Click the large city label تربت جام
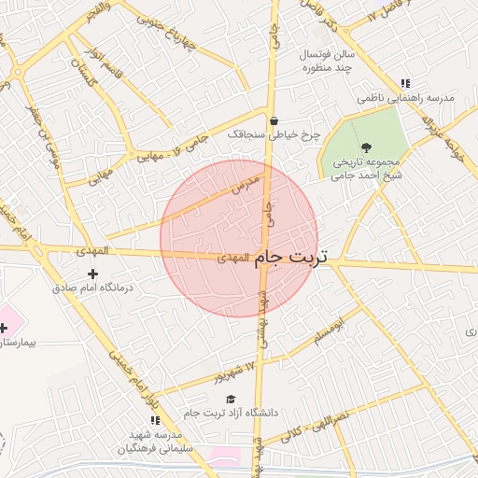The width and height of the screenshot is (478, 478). click(292, 256)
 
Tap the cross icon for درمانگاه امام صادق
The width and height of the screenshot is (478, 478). click(91, 274)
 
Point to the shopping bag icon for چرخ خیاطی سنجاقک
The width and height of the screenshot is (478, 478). click(274, 120)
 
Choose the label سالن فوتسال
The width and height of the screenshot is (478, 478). click(322, 54)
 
